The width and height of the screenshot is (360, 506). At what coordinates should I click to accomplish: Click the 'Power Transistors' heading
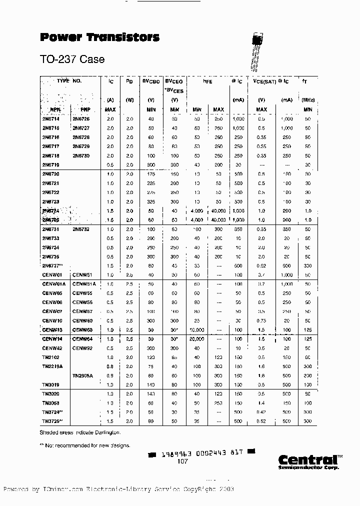pos(99,37)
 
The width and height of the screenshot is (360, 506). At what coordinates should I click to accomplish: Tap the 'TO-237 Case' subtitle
pos(72,59)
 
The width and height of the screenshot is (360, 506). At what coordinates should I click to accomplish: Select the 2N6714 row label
pos(50,119)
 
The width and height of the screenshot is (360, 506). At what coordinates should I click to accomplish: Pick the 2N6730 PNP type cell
pos(81,156)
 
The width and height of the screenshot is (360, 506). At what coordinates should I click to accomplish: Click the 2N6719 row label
pos(50,165)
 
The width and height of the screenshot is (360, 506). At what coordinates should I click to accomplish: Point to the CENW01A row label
pos(53,284)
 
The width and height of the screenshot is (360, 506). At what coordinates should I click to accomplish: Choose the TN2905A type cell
pos(84,376)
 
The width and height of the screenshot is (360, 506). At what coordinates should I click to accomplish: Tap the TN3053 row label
pos(51,403)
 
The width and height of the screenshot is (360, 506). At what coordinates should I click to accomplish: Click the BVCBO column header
pos(151,81)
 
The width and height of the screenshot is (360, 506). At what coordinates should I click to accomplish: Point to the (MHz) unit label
pos(307,100)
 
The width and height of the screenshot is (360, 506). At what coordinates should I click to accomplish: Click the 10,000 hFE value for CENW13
pos(196,330)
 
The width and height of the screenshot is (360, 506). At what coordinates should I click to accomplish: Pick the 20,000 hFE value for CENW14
pos(196,339)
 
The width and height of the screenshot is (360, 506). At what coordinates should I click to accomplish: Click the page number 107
pos(182,461)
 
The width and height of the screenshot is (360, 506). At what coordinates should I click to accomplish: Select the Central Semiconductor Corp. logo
pos(308,461)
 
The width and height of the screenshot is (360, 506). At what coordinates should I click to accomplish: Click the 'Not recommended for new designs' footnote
pos(84,445)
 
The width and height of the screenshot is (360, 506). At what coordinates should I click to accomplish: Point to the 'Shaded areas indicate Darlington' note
pos(79,432)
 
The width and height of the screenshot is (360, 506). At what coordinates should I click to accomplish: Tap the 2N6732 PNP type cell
pos(81,229)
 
